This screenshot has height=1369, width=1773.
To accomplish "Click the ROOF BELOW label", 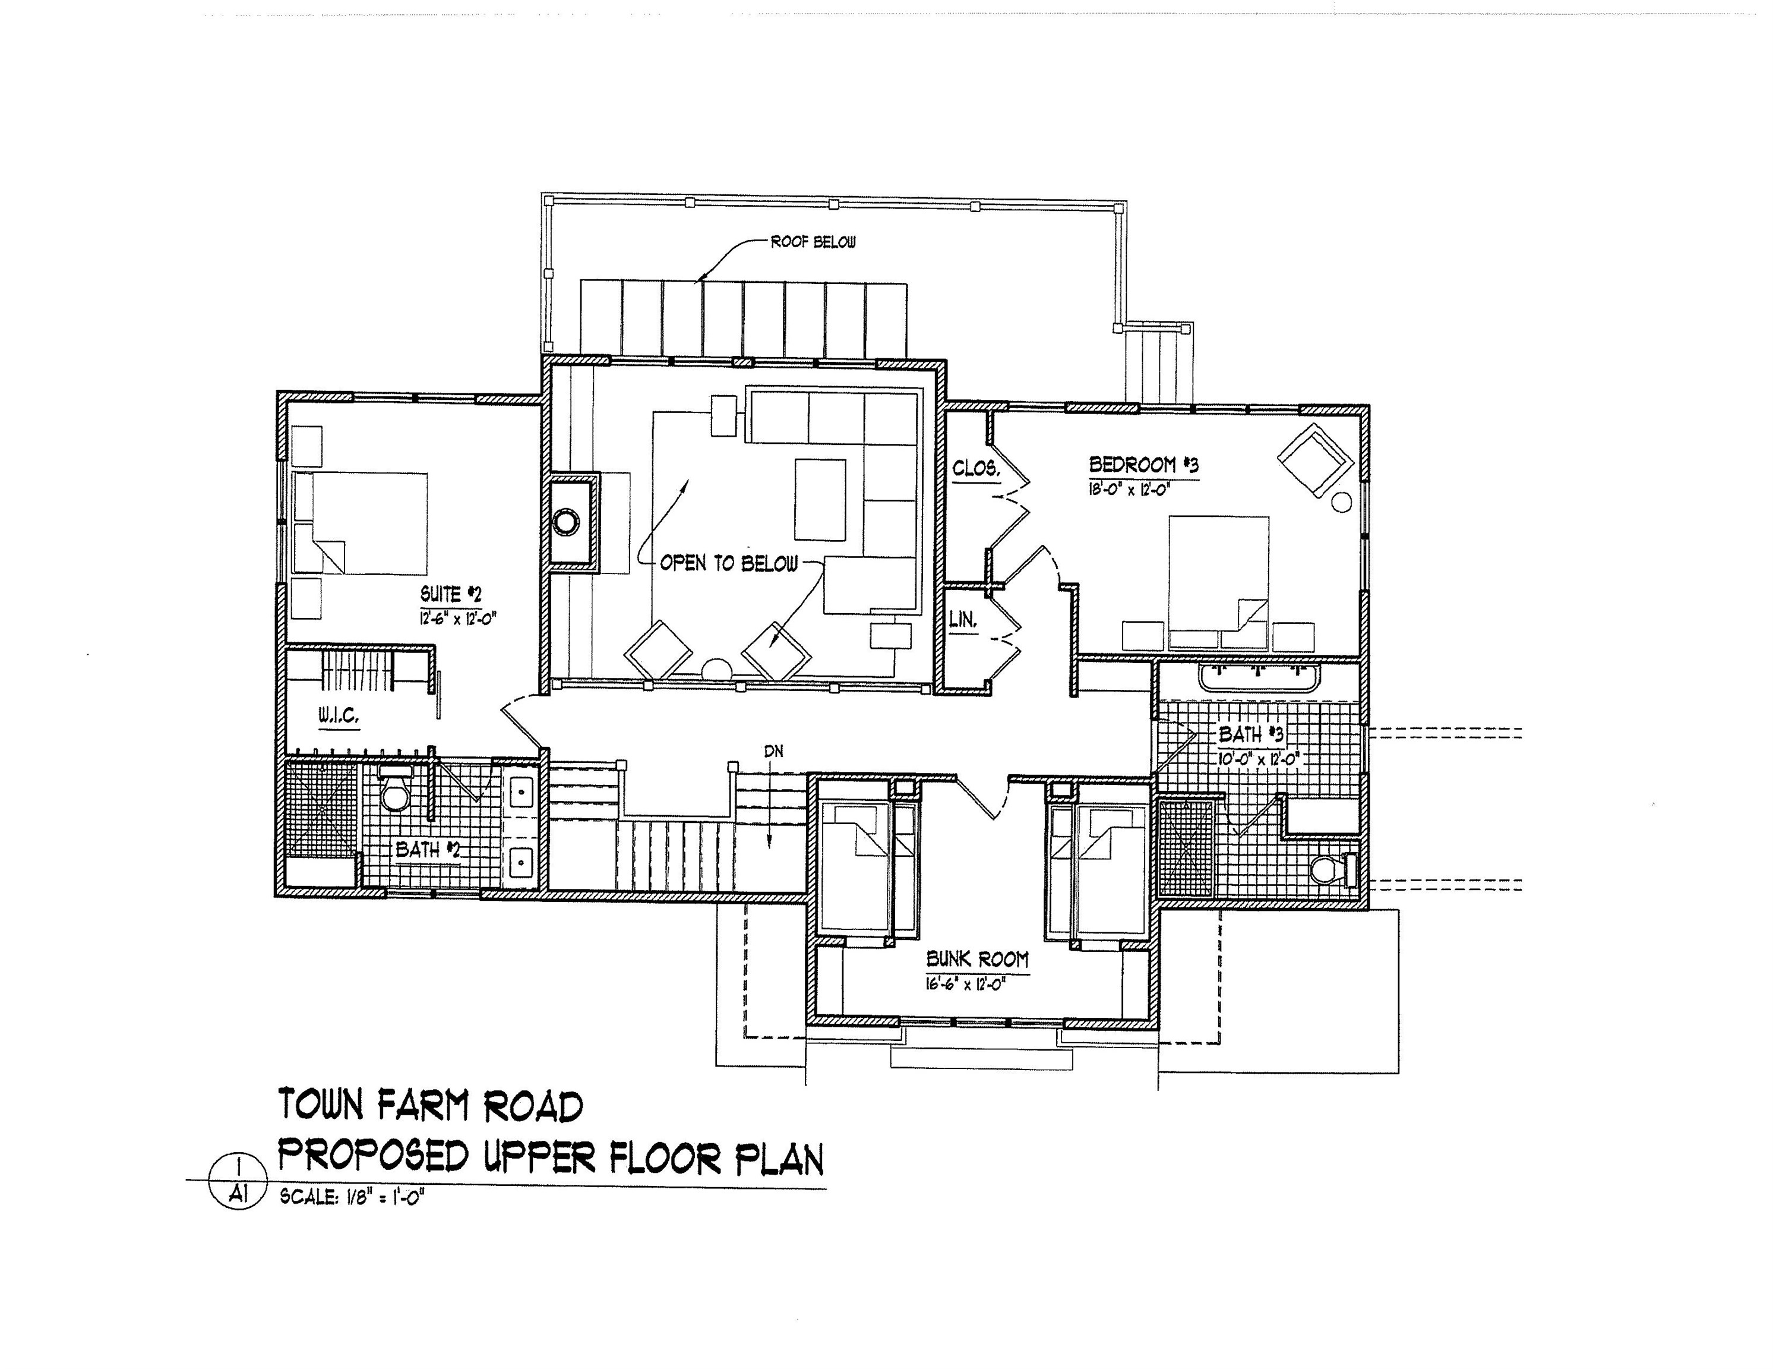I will pyautogui.click(x=813, y=242).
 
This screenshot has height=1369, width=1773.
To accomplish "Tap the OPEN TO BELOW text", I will pyautogui.click(x=728, y=563).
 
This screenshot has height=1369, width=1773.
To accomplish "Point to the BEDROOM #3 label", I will pyautogui.click(x=1143, y=465).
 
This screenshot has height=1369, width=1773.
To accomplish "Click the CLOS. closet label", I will pyautogui.click(x=975, y=469).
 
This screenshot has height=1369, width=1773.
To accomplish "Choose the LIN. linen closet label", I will pyautogui.click(x=963, y=620).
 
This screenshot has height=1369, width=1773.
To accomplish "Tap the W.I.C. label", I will pyautogui.click(x=338, y=716).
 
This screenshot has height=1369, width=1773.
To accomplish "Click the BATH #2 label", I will pyautogui.click(x=428, y=850).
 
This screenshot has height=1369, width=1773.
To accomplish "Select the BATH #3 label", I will pyautogui.click(x=1251, y=735).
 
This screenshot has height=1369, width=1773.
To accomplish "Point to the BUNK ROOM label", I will pyautogui.click(x=976, y=960).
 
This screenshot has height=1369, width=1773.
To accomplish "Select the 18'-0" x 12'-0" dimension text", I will pyautogui.click(x=1133, y=490).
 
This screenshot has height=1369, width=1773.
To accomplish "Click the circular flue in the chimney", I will pyautogui.click(x=566, y=521).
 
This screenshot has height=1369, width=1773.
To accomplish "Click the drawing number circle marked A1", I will pyautogui.click(x=238, y=1182).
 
